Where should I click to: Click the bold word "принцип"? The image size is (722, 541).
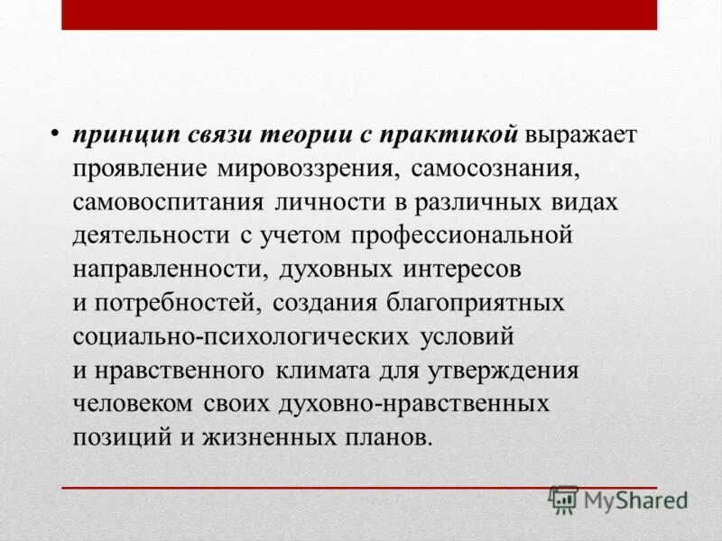click(125, 134)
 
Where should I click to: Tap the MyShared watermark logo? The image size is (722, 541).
click(618, 500)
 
